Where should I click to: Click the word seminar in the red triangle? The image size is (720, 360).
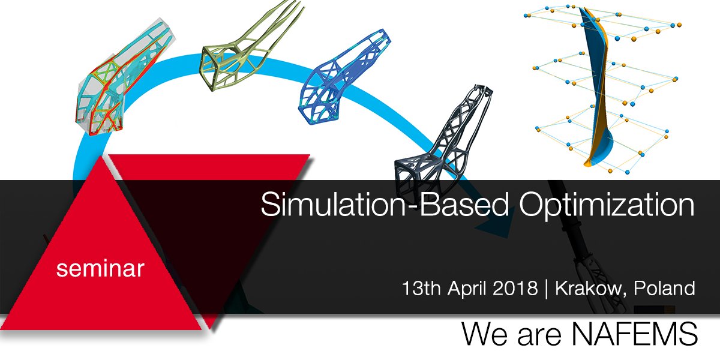coord(100,269)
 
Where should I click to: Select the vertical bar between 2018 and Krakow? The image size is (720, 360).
coord(546,289)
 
